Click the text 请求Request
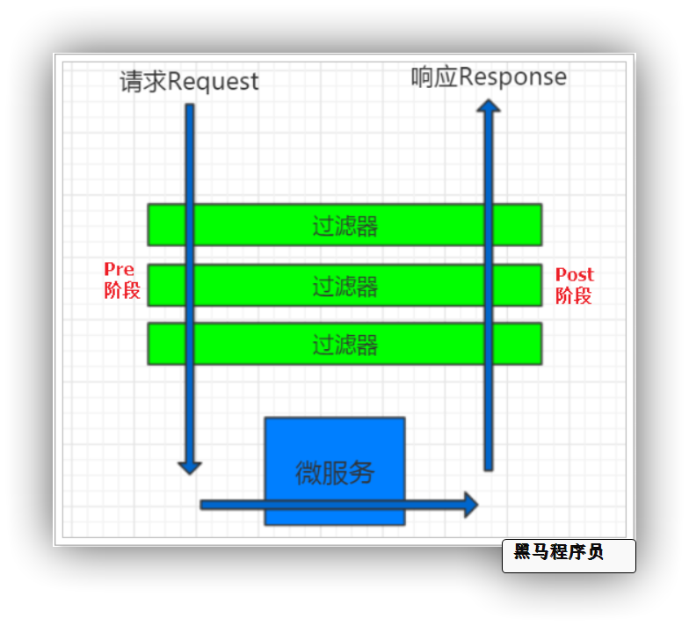click(x=189, y=82)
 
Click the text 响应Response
click(x=489, y=77)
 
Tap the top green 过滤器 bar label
click(x=344, y=226)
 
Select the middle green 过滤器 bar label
click(x=344, y=286)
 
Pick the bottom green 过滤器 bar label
click(x=344, y=345)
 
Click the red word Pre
click(x=120, y=269)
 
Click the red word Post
click(x=575, y=274)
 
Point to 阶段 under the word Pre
click(x=122, y=290)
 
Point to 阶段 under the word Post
click(x=574, y=295)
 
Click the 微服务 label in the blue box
click(x=335, y=473)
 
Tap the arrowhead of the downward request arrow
click(x=190, y=467)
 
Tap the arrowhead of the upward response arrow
click(x=489, y=106)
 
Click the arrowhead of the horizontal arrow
click(x=471, y=505)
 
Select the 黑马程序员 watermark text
click(x=559, y=552)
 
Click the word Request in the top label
click(x=213, y=82)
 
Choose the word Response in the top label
click(x=512, y=77)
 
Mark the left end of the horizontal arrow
click(x=204, y=505)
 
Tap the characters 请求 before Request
click(x=142, y=82)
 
